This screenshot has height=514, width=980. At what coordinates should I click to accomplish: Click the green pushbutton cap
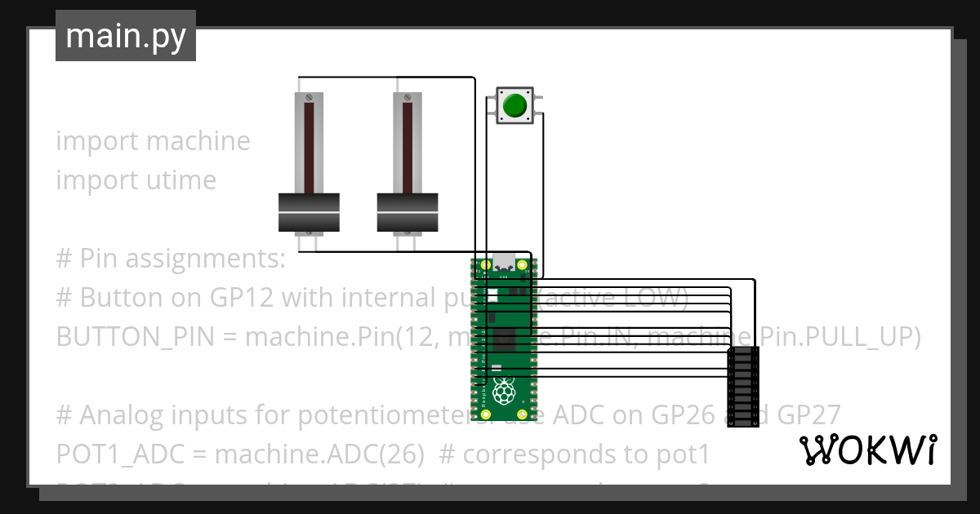pos(514,105)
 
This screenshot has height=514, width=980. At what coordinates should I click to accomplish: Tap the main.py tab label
pos(125,36)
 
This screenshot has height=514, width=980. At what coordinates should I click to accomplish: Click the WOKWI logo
pos(866,450)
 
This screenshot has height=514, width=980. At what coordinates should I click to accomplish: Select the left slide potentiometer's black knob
pos(309,212)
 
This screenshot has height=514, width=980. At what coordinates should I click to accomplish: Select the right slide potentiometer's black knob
pos(408,212)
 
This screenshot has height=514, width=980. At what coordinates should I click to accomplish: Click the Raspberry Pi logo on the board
pos(505,392)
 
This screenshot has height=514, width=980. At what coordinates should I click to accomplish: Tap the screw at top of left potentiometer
pos(309,98)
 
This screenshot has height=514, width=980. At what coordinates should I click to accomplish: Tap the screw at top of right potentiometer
pos(408,98)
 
